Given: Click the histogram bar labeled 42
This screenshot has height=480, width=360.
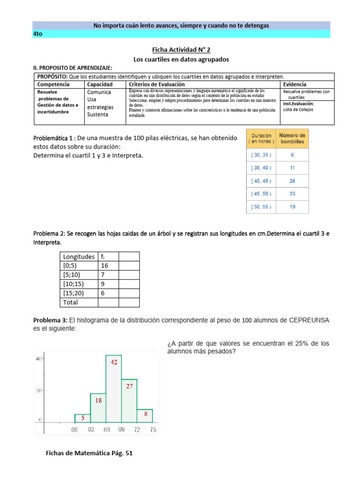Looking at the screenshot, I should (113, 389).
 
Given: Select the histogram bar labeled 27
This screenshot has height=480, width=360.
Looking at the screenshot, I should (129, 401).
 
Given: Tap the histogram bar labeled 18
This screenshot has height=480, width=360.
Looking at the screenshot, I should (98, 408).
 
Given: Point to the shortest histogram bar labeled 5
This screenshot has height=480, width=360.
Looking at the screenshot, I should (82, 418).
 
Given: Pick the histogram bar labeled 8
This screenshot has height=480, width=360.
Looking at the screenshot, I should (145, 415).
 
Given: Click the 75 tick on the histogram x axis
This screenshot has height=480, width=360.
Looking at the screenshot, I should (152, 430).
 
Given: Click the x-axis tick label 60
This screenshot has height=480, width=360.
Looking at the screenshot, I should (75, 430).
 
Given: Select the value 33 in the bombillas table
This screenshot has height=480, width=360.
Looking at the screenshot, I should (292, 194).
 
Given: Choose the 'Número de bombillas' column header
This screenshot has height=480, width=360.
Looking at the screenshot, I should (292, 138).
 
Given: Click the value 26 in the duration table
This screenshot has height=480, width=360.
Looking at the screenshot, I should (292, 180).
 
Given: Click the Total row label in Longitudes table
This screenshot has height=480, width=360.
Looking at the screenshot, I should (71, 302).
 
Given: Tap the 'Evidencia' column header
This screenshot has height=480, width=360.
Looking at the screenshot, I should (295, 84).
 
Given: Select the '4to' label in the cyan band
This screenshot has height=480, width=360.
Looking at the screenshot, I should (38, 34).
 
